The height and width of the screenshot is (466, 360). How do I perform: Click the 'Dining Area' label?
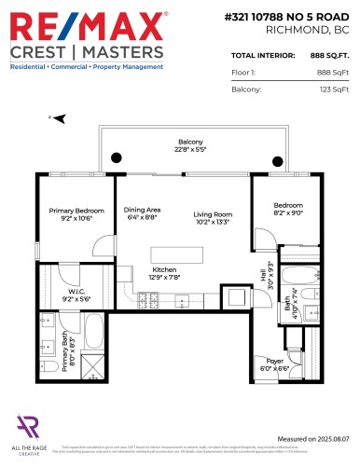pyautogui.click(x=141, y=212)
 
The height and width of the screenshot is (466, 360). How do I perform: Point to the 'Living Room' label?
pyautogui.click(x=213, y=217)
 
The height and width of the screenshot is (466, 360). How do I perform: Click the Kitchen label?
pyautogui.click(x=164, y=272)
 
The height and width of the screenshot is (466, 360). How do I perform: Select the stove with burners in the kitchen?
pyautogui.click(x=147, y=300)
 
